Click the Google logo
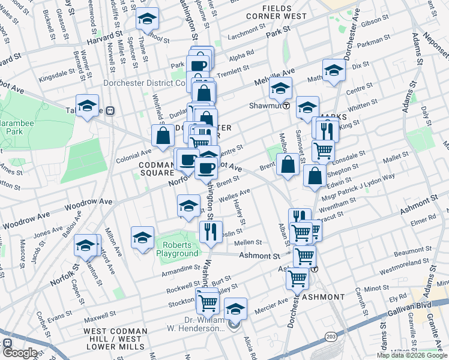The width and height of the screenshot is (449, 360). pos(20,353)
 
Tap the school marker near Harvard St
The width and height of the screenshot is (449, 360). pos(147,19)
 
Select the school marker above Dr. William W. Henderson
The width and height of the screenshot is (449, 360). pos(236,308)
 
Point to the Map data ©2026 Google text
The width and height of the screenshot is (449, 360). pos(412,355)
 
